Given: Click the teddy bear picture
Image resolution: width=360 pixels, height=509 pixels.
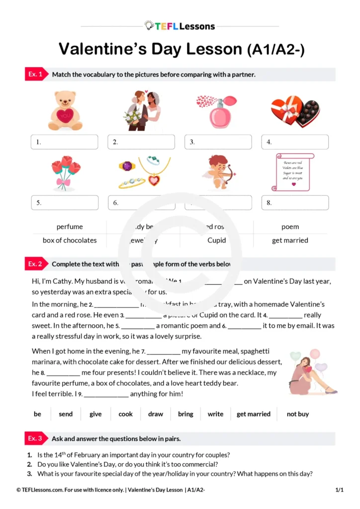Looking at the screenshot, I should point(65,110).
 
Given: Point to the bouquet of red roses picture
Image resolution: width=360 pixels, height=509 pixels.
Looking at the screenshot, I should point(65,173).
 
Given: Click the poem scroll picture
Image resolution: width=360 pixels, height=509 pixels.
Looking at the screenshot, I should point(295,172).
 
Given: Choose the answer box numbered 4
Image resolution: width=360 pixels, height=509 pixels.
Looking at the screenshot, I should point(295,142).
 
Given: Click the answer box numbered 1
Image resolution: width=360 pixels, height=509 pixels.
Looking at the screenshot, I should point(65,142).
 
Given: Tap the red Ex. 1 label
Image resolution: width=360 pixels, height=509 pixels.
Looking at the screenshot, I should point(36,75).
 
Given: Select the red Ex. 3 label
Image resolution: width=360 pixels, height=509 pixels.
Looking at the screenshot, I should point(36,438).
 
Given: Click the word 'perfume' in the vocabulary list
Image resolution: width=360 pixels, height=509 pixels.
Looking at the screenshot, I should point(70,227).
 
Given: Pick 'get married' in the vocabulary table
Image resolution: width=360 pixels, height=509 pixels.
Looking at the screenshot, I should point(290,240).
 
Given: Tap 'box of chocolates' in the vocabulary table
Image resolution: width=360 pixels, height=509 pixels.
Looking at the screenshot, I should point(70,240).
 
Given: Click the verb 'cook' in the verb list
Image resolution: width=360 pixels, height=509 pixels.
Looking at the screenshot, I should point(126,414).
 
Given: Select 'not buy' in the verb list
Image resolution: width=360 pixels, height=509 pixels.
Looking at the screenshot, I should point(298,414).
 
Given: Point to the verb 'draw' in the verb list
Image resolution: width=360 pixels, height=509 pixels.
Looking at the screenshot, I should point(156,414).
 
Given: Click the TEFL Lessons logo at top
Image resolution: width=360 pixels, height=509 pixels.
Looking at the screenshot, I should point(180,26).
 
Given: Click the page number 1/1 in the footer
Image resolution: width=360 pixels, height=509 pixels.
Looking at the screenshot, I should point(340,490).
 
